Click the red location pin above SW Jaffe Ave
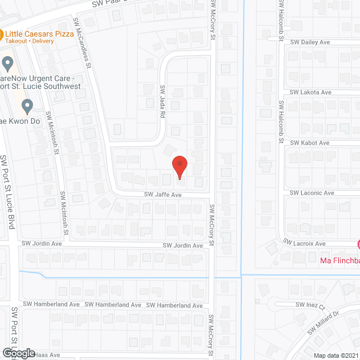coord(179,166)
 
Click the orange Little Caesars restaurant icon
coord(2,33)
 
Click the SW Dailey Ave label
coord(310,42)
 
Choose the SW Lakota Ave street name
coord(310,92)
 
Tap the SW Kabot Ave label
coord(309,143)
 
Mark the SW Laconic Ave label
coord(312,193)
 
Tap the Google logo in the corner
coord(18,353)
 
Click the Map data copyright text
coord(336,355)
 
